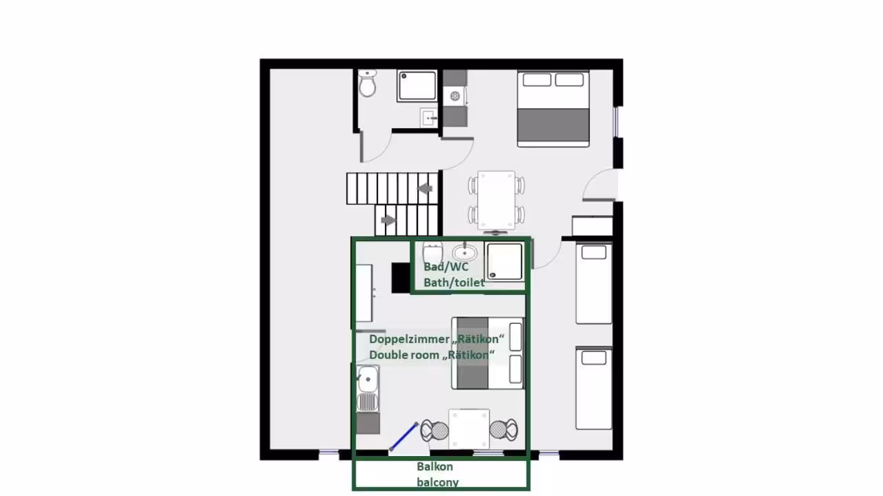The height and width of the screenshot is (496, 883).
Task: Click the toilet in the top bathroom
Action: [x=368, y=83]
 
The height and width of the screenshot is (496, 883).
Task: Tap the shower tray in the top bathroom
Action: [x=417, y=85]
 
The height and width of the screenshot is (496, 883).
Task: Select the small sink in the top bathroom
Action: [x=429, y=117]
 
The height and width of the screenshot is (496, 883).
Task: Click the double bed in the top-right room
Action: [x=553, y=109]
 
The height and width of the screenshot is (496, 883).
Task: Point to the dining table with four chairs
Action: [x=496, y=200]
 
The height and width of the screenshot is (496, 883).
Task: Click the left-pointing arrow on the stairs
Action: [x=425, y=189]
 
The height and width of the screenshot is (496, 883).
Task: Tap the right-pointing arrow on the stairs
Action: [x=388, y=220]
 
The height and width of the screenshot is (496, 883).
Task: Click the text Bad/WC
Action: [x=446, y=267]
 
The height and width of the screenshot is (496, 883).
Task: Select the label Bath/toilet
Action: [x=454, y=282]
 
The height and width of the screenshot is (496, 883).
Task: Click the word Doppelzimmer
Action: [x=404, y=340]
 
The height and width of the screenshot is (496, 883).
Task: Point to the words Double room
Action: [x=404, y=355]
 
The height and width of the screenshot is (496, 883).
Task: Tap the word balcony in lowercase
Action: [x=437, y=483]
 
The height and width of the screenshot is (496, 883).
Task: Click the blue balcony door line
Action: [x=404, y=437]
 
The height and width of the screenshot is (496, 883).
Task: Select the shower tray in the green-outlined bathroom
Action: [x=504, y=262]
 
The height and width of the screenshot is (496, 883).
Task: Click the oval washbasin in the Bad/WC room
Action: [x=464, y=252]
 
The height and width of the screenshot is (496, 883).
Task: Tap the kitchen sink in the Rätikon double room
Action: [x=368, y=380]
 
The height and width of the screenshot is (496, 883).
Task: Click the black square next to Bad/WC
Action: [x=401, y=278]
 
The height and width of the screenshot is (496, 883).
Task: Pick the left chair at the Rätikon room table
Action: [x=435, y=431]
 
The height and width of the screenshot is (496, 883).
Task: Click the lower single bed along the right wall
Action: [x=594, y=389]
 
